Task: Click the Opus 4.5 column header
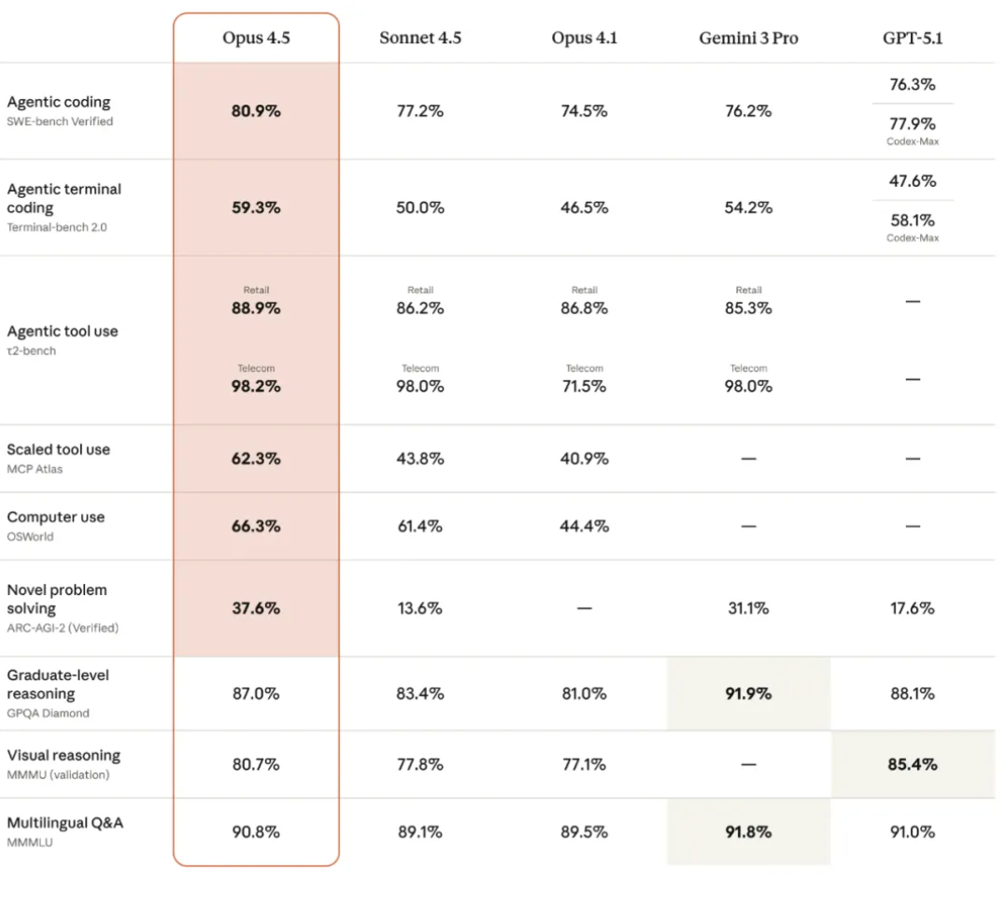point(256,38)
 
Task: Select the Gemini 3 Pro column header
point(748,38)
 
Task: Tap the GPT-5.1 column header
point(913,38)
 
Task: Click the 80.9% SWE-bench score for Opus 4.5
point(256,111)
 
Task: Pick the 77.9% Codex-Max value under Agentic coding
point(913,124)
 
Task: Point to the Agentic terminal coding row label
point(64,198)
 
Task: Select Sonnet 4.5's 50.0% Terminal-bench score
point(419,207)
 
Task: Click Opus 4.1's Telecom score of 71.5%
point(584,386)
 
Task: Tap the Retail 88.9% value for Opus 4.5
point(256,308)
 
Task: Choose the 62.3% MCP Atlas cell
point(256,459)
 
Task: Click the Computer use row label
point(56,518)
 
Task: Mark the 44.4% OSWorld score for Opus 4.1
point(584,526)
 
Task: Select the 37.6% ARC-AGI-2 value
point(256,608)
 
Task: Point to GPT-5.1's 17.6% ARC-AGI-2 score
point(913,608)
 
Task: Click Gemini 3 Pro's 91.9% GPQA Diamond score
point(748,694)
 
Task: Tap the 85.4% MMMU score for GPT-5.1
point(913,764)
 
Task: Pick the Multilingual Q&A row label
point(64,823)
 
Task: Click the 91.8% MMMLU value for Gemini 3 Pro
point(748,831)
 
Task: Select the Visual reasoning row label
point(64,755)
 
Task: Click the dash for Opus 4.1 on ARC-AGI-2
point(584,608)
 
